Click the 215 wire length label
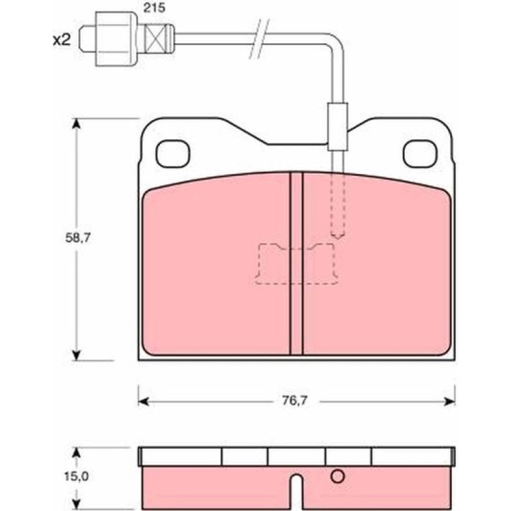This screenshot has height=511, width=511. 155,8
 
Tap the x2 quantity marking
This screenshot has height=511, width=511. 62,40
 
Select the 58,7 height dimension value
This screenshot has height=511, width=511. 78,238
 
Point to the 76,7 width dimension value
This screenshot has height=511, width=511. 295,401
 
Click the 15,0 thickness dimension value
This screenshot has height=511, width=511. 76,476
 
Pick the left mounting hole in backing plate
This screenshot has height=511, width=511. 173,154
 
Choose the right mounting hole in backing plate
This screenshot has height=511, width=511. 419,154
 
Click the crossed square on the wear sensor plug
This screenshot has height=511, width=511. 155,38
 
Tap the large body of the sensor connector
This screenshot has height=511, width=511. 115,39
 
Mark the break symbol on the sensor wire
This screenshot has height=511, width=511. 259,39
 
